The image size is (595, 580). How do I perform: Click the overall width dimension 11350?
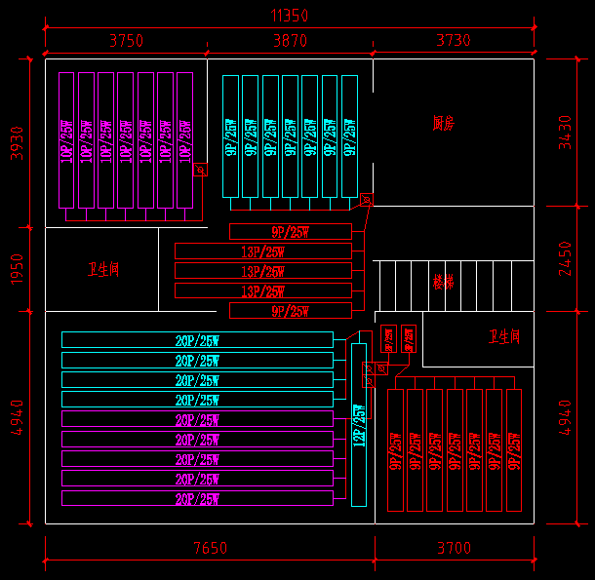point(289,15)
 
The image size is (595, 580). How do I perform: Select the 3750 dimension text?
point(126,40)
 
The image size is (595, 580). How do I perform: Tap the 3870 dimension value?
point(290,40)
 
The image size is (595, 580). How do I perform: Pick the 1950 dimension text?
point(14,269)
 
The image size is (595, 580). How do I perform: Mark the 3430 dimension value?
point(566,133)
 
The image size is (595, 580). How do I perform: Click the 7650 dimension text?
point(209,549)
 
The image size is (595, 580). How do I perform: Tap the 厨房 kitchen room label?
point(444,123)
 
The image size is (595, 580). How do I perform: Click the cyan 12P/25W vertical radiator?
point(358,424)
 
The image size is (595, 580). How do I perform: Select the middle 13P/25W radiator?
point(263,271)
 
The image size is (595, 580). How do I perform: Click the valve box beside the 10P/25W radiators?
point(201,170)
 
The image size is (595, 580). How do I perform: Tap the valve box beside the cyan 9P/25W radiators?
point(367,200)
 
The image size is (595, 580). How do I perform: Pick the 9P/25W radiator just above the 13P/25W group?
point(290,231)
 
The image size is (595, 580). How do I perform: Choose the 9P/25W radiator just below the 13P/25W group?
point(290,311)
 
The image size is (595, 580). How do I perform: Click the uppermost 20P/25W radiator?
point(197,339)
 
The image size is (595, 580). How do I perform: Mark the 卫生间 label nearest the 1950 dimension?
point(102,269)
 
